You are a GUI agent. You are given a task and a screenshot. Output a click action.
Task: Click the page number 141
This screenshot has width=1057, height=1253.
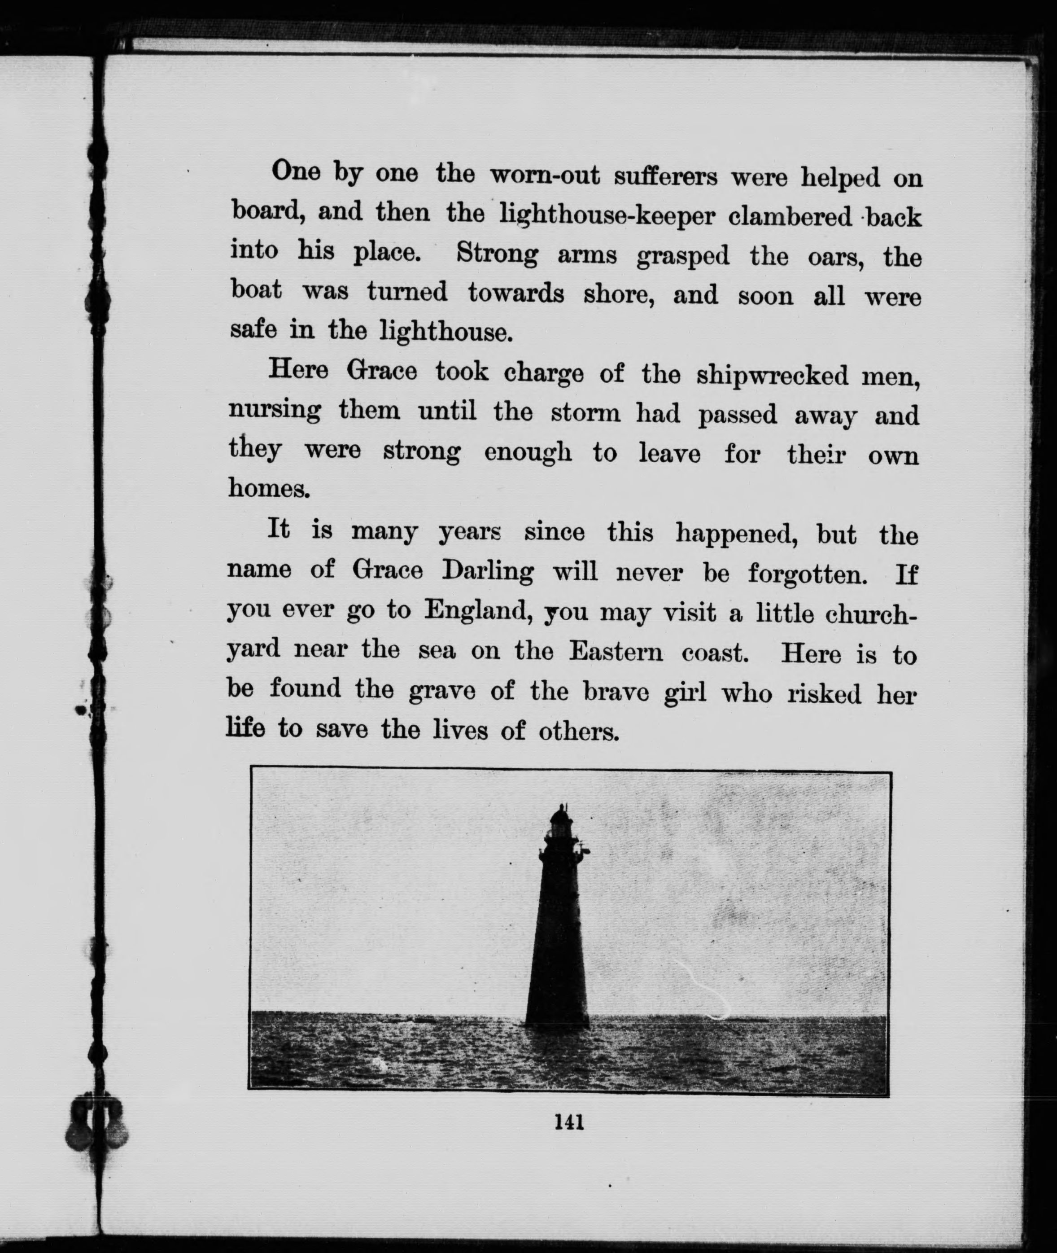569,1121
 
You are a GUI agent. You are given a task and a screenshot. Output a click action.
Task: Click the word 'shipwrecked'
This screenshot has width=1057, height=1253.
773,376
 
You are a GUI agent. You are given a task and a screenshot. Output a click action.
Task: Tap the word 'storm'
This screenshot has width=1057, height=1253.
585,413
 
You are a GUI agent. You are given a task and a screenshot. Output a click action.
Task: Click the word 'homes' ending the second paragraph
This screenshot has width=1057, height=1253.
268,488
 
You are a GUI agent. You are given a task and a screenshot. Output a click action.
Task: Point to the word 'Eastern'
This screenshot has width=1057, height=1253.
616,651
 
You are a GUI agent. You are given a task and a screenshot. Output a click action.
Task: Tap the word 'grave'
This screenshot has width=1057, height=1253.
441,692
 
